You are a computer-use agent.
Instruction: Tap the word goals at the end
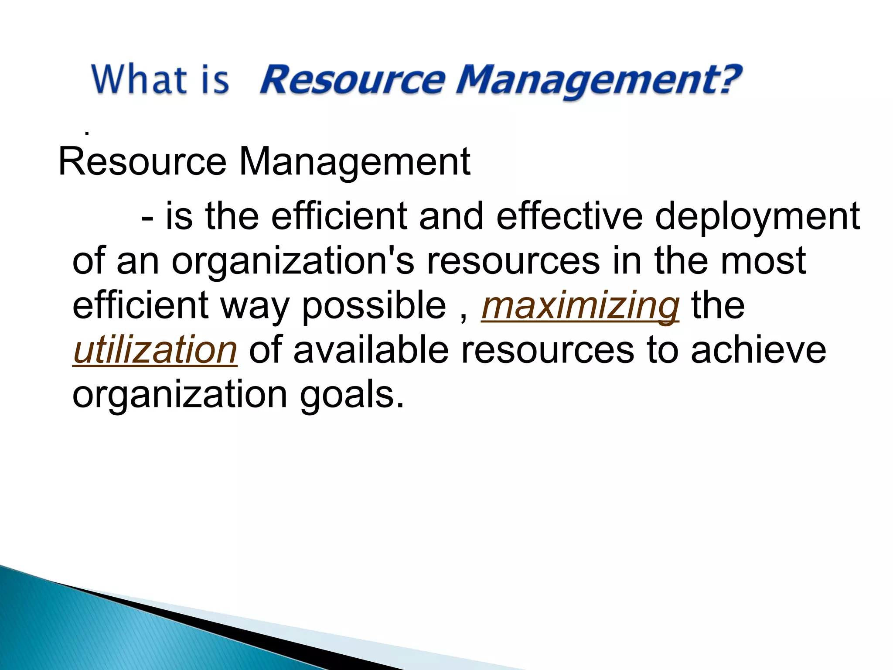tap(351, 395)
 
